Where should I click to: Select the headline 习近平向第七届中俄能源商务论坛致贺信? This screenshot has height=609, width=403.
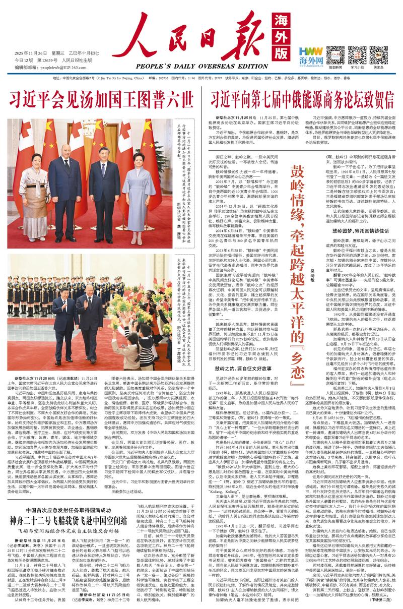(x=302, y=97)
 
